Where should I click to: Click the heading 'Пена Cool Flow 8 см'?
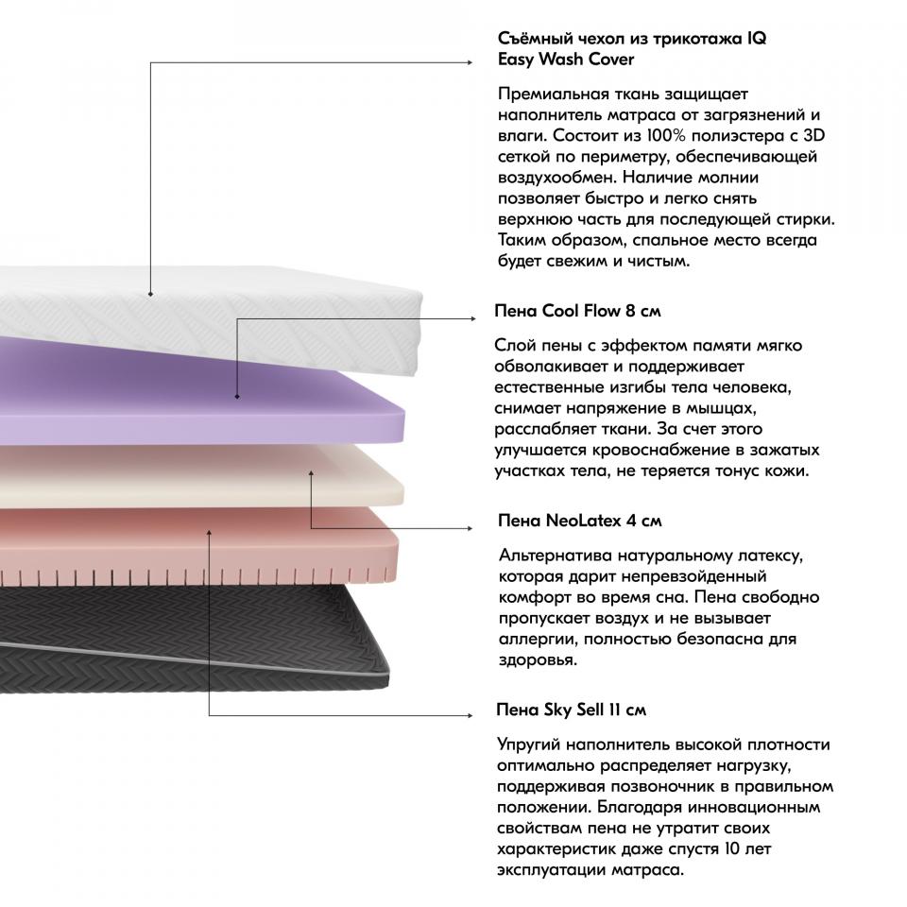(x=577, y=311)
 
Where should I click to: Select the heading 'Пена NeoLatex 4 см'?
(x=579, y=521)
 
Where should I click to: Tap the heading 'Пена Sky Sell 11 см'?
(x=571, y=710)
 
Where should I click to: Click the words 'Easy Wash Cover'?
(x=566, y=60)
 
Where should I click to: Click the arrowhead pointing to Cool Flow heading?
(x=472, y=318)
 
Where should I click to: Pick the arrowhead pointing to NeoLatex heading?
(x=470, y=528)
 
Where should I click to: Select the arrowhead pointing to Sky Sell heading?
(x=470, y=715)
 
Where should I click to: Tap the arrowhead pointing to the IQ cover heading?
(x=470, y=62)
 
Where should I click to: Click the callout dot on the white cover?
(x=150, y=295)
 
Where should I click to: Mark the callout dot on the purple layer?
(x=237, y=397)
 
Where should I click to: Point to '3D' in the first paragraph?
(x=813, y=136)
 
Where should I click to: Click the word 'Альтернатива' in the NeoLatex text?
(x=556, y=556)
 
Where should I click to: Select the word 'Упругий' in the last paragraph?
(x=528, y=745)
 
